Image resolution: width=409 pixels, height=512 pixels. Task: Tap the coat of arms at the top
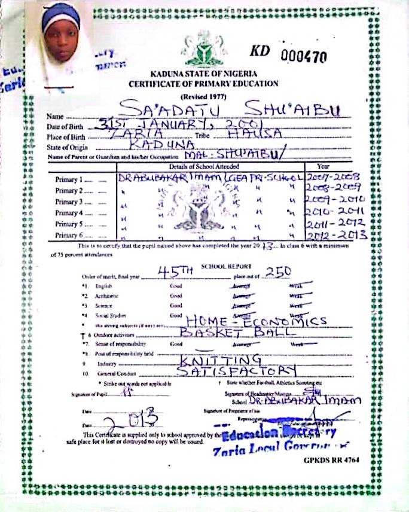click(x=204, y=48)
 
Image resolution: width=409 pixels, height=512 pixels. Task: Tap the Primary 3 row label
click(x=68, y=202)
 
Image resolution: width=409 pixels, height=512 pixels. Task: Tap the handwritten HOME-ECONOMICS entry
click(x=256, y=321)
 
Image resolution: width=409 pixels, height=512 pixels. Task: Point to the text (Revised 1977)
click(x=203, y=96)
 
